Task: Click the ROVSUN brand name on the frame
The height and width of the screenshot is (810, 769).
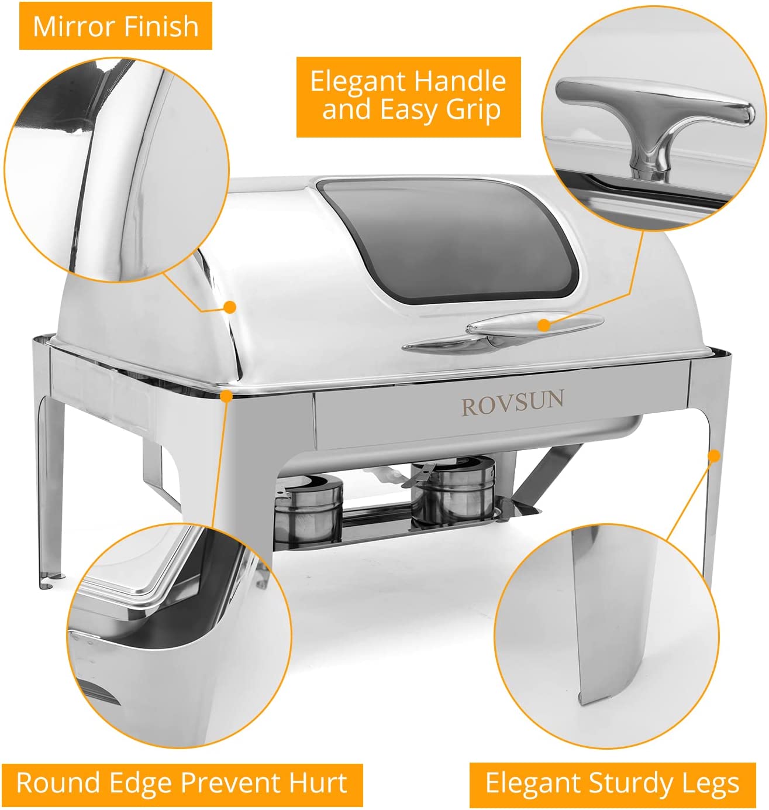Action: pos(512,404)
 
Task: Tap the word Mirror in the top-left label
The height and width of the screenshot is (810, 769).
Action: pos(64,27)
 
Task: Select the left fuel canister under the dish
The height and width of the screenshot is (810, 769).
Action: pos(308,506)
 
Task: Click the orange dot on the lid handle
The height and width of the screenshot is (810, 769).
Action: pos(544,324)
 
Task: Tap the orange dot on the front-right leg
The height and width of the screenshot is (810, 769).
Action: pos(713,456)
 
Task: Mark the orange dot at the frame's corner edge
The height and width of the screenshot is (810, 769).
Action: pos(227,396)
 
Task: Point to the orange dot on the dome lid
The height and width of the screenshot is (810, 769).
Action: pos(230,307)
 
